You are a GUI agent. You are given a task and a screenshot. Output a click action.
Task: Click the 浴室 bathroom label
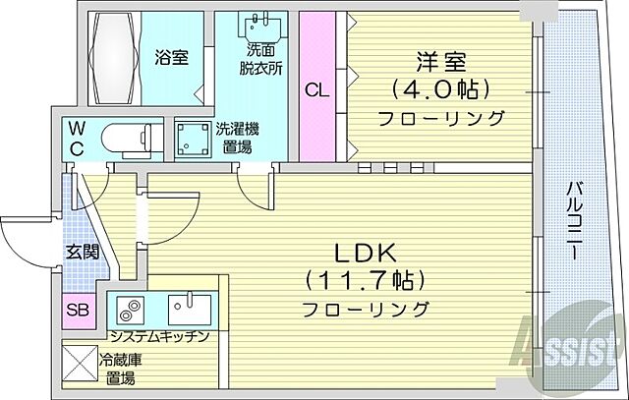pos(171,56)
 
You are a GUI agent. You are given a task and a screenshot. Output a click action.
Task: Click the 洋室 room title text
pos(439,59)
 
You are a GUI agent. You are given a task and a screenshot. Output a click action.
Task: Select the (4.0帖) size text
pos(439,88)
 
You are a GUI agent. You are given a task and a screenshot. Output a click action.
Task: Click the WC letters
pos(76,139)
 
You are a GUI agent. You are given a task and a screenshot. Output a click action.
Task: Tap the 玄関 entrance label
pos(83,253)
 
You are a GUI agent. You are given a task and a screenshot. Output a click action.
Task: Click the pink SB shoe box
pos(78,312)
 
